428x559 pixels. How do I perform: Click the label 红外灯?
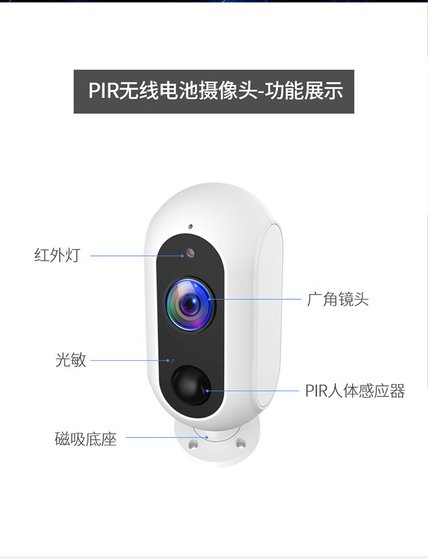coord(57,255)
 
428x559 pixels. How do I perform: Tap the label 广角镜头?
coord(337,299)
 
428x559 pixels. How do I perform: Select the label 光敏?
coord(71,360)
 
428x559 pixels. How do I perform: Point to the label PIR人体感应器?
coord(355,391)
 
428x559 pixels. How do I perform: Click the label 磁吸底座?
coord(86,439)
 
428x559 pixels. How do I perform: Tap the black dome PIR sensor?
coord(191,385)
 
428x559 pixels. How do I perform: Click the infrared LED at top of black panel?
coord(190,253)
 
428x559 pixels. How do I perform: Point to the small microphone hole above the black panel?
coord(190,226)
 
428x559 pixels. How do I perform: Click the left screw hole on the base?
coord(193,444)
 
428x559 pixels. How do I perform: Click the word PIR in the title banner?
coord(103,91)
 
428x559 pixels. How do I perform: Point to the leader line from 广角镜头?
coord(256,299)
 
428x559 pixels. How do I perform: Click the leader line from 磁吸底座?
coord(167,437)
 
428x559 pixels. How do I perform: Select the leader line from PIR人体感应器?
coord(253,391)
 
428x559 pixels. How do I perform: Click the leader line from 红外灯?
coord(137,256)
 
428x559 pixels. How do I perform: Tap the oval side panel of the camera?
coord(270,316)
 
